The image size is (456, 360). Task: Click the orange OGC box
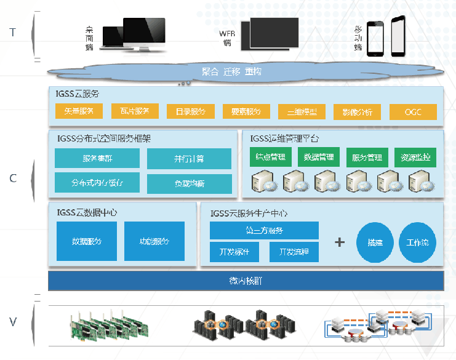pyautogui.click(x=413, y=112)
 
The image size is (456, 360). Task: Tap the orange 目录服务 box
pyautogui.click(x=190, y=111)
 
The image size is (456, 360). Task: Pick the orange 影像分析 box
pyautogui.click(x=357, y=112)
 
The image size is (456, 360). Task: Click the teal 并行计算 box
pyautogui.click(x=189, y=159)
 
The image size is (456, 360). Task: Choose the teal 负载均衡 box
pyautogui.click(x=189, y=183)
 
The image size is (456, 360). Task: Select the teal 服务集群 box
pyautogui.click(x=97, y=158)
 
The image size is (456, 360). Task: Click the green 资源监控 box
pyautogui.click(x=415, y=158)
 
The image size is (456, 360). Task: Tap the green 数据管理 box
pyautogui.click(x=319, y=157)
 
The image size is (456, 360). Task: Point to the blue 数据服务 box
pyautogui.click(x=87, y=241)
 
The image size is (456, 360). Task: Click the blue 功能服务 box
pyautogui.click(x=154, y=241)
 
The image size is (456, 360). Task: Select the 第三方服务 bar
pyautogui.click(x=264, y=231)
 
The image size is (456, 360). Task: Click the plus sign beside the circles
pyautogui.click(x=339, y=242)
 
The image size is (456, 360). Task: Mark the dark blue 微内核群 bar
pyautogui.click(x=246, y=281)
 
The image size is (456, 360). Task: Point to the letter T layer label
pyautogui.click(x=13, y=32)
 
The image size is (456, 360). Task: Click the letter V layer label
pyautogui.click(x=13, y=321)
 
